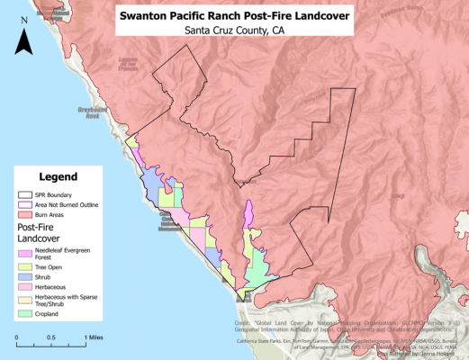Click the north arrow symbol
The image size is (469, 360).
(25, 40)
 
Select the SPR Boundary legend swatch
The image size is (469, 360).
(24, 194)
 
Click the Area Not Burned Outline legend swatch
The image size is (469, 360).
(24, 205)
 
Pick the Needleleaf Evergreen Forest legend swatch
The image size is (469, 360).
(24, 252)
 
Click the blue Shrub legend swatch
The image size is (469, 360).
(24, 276)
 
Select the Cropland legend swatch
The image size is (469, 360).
(24, 314)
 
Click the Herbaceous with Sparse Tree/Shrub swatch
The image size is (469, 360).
(24, 299)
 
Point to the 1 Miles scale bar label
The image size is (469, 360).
(95, 337)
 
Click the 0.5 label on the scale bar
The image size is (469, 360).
(51, 337)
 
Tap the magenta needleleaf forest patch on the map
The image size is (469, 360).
(247, 217)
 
